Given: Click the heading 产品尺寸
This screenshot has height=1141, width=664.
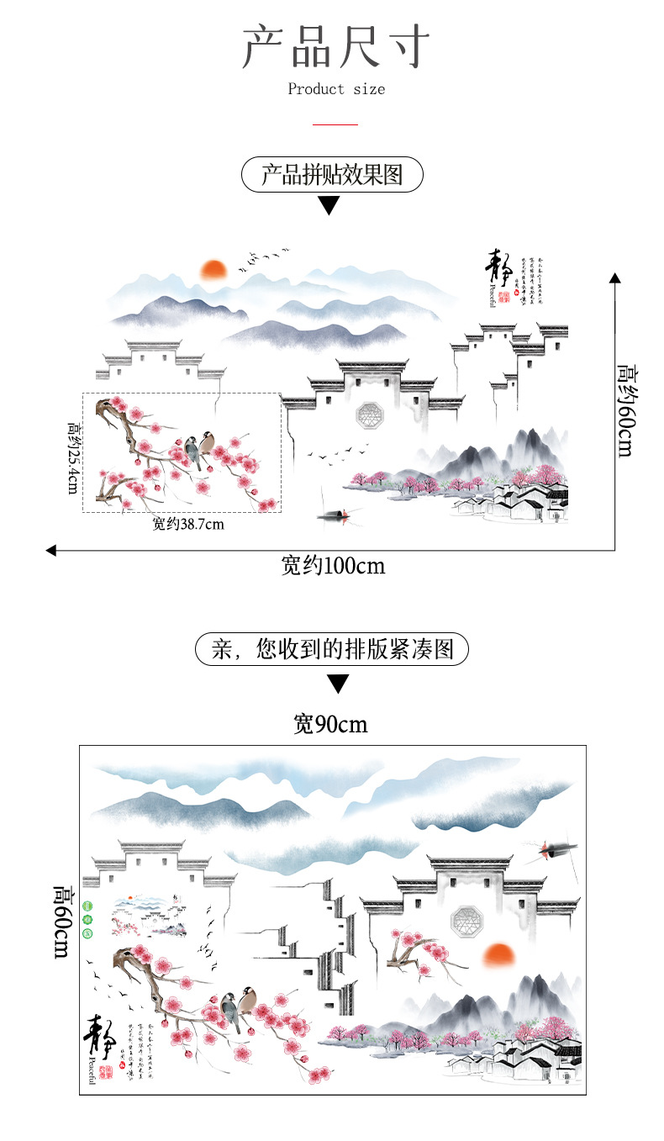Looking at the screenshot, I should point(335,47).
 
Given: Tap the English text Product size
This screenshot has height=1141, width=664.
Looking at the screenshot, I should point(336,89).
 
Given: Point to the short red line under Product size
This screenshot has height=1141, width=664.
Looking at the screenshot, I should point(335,124).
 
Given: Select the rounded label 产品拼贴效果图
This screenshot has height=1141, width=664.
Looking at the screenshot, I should point(332,175).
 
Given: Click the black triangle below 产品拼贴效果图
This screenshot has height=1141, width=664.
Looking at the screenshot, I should point(329,205).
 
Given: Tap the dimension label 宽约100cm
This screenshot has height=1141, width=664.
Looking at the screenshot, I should point(333,566).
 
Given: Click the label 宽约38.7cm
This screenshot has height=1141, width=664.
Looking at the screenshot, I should point(188,525).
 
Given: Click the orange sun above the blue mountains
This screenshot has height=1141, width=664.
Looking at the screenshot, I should point(213,270).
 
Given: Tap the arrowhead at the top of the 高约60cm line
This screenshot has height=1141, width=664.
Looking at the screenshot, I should point(614,277).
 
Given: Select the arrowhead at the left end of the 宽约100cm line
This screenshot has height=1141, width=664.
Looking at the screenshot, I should point(51,551).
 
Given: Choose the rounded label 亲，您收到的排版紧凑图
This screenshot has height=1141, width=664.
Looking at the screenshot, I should point(332,650).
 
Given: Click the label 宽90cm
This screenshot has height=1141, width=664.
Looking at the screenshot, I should point(330,724).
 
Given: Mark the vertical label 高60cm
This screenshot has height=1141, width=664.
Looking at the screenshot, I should point(64,921).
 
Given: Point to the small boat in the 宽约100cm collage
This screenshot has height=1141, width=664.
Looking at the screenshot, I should point(334,512).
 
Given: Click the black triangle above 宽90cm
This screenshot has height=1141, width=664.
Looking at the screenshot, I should point(337,683).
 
